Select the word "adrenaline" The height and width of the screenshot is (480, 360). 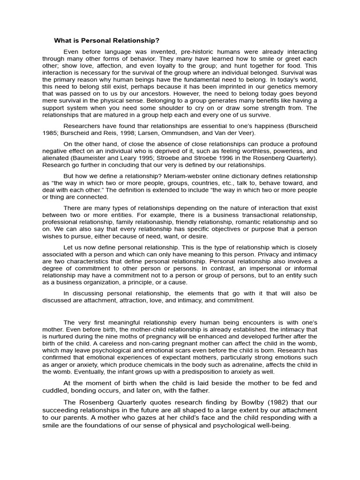click(264, 365)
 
